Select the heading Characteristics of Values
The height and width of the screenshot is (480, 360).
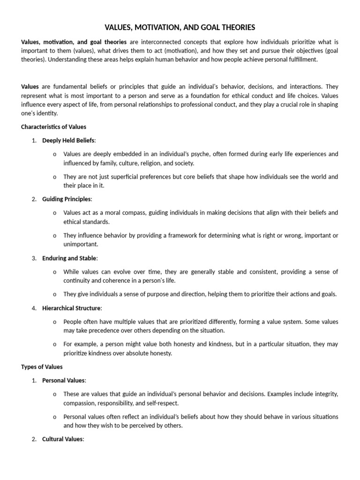click(53, 127)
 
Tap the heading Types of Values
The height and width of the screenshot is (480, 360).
click(42, 367)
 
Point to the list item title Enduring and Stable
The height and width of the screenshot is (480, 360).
click(69, 258)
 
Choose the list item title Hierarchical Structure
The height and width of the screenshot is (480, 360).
click(71, 308)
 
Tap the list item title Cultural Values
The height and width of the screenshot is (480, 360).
click(62, 439)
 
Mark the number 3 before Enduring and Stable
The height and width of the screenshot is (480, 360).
click(34, 258)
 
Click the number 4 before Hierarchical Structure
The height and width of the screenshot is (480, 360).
click(34, 308)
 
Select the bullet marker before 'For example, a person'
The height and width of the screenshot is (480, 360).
click(55, 345)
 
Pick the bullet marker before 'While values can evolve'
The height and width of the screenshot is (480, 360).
click(55, 272)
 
